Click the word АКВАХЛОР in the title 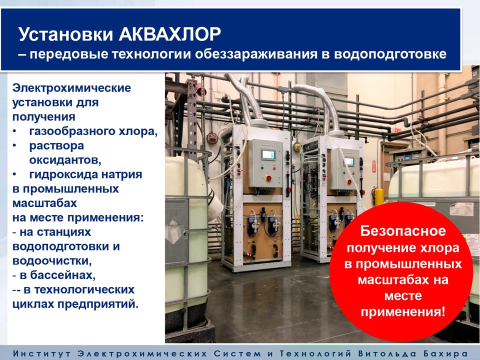tap(170, 34)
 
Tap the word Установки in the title tap(66, 34)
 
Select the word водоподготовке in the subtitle tap(390, 54)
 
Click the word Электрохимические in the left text tap(71, 88)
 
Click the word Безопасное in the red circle tap(403, 231)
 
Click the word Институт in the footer tap(42, 353)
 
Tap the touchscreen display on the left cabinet tap(268, 154)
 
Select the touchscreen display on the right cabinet tap(348, 161)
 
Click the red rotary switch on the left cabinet tap(268, 177)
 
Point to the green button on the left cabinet tap(262, 167)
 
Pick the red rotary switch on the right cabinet tap(348, 182)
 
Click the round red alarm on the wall tap(212, 138)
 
